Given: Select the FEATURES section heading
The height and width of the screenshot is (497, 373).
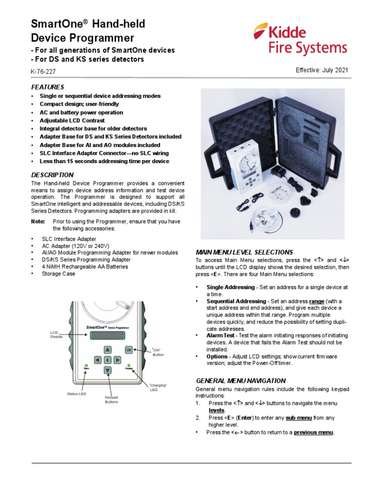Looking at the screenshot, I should coord(48,87).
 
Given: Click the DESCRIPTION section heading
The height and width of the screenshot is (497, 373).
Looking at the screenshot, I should coord(52,175).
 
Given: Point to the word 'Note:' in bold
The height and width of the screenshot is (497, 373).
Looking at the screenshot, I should coord(38,221).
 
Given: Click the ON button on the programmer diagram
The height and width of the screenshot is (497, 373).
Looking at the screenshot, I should coord(129,349).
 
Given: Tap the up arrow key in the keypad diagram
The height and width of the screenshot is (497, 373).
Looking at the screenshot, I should coord(107,349).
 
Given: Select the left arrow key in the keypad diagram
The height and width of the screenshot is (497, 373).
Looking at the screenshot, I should coord(97,360).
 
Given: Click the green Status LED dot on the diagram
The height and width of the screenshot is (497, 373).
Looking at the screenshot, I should coord(86,364).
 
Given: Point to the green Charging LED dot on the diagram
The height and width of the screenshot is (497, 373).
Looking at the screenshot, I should coord(129,364).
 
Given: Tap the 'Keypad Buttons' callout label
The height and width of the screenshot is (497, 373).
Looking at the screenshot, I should coord(112,399).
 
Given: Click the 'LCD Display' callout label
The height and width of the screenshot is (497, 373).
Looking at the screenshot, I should coord(57,334).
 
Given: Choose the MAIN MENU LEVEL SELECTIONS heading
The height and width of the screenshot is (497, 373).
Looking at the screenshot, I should coord(244,252).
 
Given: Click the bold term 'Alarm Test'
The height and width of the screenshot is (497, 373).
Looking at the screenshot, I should coord(221,335).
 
